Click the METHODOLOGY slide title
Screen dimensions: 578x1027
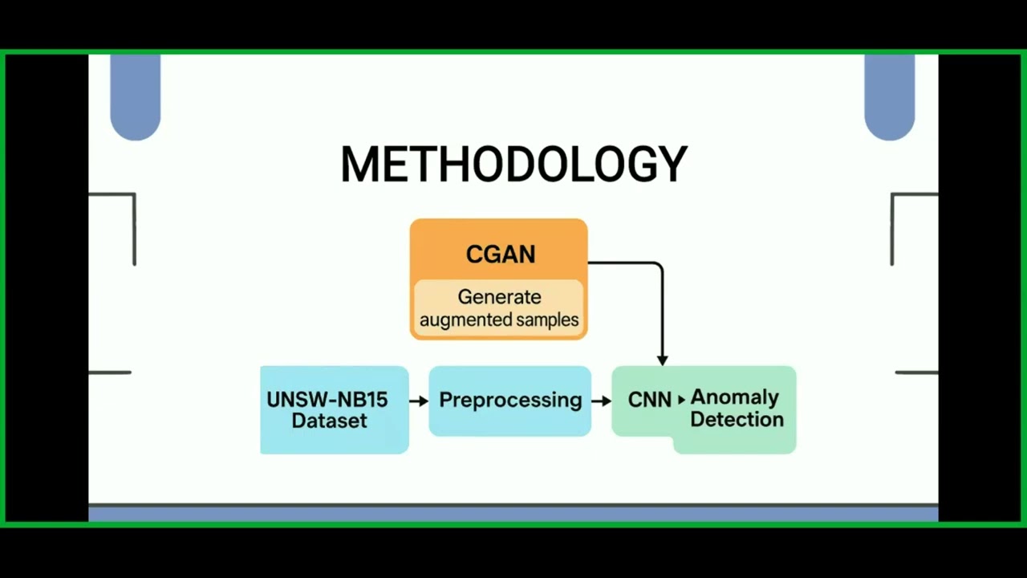(513, 164)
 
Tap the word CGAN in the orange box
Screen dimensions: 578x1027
(500, 254)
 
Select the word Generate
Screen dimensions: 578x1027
(499, 297)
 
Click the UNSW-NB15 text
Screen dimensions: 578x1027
(327, 400)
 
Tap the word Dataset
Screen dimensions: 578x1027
(329, 421)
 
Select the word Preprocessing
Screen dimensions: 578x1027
(510, 400)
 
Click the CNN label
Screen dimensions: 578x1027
(649, 400)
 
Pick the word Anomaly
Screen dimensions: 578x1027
(734, 397)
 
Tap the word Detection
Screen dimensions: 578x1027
(737, 419)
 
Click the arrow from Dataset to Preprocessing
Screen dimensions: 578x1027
(419, 400)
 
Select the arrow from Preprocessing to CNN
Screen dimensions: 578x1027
(601, 400)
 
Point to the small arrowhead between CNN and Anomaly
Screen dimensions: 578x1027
(682, 399)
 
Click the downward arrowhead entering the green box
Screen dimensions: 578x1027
(662, 360)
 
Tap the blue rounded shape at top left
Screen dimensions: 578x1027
(135, 96)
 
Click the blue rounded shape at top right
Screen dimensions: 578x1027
(890, 96)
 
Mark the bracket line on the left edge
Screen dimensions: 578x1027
(133, 229)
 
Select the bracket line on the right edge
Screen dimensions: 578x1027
(893, 229)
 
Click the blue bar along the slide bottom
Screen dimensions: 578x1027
(513, 514)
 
